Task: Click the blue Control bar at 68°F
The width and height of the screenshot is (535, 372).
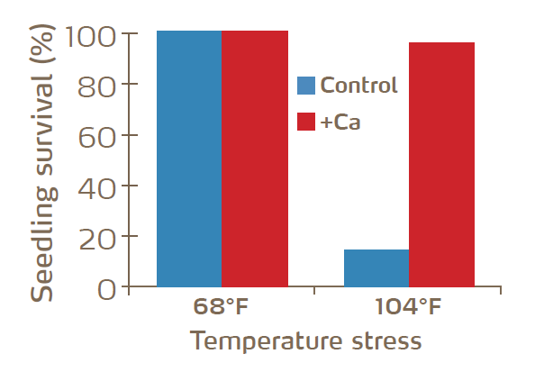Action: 189,159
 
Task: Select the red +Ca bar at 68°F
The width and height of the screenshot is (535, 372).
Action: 255,159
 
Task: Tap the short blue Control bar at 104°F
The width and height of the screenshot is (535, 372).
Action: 376,268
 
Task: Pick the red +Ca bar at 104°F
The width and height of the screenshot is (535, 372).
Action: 441,165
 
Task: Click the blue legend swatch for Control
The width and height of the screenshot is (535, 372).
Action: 306,86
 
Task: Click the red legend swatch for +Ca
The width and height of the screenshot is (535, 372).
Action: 306,122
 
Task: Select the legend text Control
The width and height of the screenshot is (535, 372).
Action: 358,86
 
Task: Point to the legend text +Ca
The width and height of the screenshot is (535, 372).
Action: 340,122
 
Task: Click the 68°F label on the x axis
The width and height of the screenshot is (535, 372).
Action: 222,308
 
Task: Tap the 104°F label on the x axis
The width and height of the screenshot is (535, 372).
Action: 408,308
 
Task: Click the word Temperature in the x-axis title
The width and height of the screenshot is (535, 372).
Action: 270,342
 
